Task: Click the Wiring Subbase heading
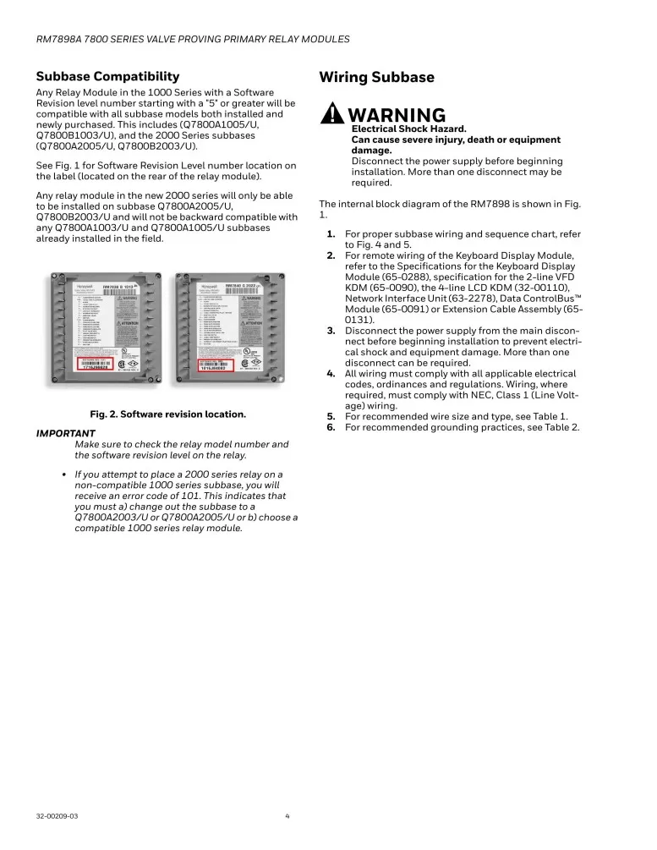click(x=376, y=78)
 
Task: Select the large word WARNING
click(x=396, y=115)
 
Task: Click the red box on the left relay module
click(x=100, y=365)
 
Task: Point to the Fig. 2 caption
click(x=167, y=414)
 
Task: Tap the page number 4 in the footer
click(x=287, y=816)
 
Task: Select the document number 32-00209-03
click(x=57, y=816)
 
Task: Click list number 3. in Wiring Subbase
click(x=331, y=331)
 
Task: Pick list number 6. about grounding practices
click(x=331, y=427)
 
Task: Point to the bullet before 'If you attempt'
click(x=64, y=474)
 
